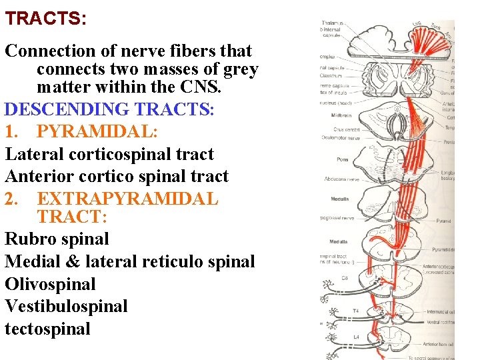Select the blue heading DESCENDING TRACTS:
click(x=110, y=109)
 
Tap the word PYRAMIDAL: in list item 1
click(x=97, y=131)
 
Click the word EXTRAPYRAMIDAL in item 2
click(x=127, y=199)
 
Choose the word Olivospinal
click(x=50, y=284)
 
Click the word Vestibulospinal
click(x=65, y=307)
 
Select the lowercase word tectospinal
click(x=47, y=329)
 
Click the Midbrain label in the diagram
click(x=341, y=115)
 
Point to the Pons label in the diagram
click(x=341, y=160)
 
